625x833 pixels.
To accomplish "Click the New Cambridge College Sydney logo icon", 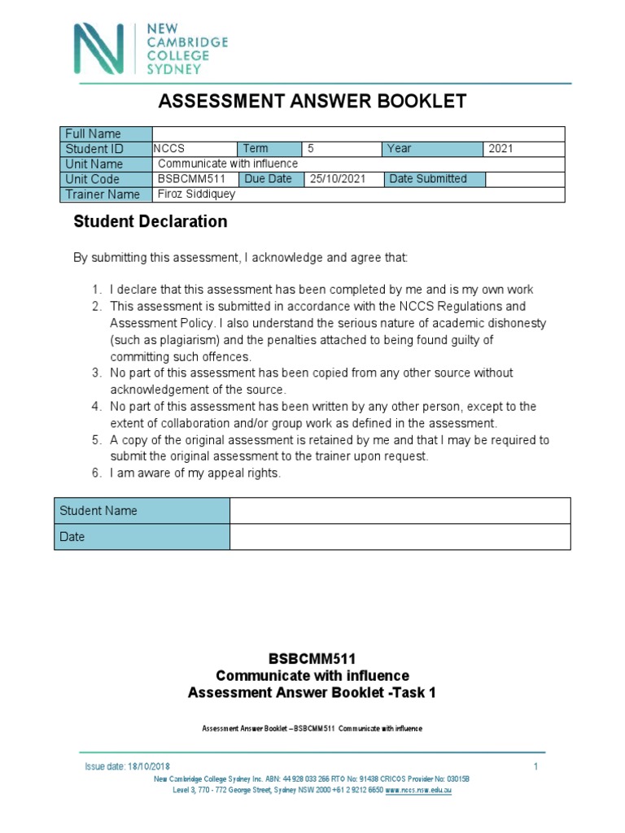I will click(x=98, y=49).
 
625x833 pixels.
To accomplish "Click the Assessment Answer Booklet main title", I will click(x=312, y=101).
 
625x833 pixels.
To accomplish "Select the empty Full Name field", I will click(x=357, y=133).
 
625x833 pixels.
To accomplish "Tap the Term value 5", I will click(x=310, y=149).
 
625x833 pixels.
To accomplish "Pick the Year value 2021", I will click(x=501, y=149).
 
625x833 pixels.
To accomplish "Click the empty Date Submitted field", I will click(x=524, y=179).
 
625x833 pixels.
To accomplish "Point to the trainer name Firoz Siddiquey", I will click(x=195, y=194).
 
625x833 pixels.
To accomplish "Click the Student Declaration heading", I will click(x=151, y=222).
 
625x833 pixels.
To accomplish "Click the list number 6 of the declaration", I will click(x=95, y=473).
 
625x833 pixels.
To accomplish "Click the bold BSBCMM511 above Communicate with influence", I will click(x=312, y=660).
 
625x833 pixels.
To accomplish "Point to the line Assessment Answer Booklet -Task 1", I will click(x=312, y=693).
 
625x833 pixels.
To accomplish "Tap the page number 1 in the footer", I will click(x=535, y=767).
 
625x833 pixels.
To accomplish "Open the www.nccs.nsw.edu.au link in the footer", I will click(x=418, y=790).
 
